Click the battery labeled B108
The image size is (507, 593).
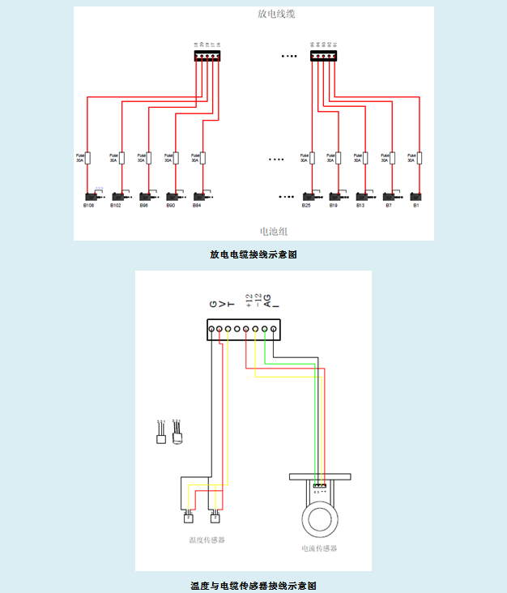pos(90,196)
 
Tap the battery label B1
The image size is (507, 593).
pos(416,206)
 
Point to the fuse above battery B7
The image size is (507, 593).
pos(393,158)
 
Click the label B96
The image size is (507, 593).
pos(143,206)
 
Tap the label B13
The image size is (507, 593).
pos(360,206)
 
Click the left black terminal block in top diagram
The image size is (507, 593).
pos(207,57)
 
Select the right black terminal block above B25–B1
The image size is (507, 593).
pos(322,57)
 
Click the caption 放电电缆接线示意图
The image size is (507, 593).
pos(253,254)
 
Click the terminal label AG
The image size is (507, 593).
pos(267,301)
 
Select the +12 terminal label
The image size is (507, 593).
pos(249,301)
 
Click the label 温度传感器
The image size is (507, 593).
pos(206,539)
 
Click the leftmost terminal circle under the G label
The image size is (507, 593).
pos(211,329)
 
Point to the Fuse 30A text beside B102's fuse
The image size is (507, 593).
pos(114,158)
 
